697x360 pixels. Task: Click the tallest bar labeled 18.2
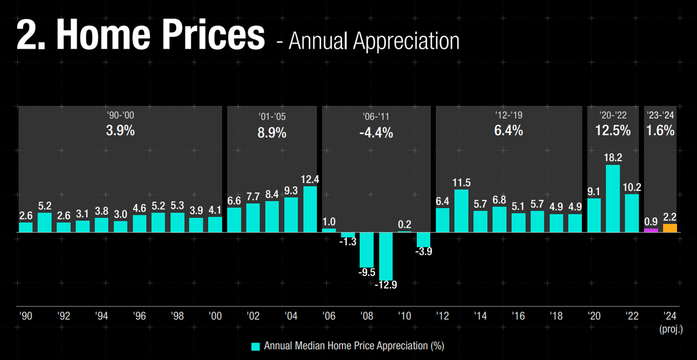[613, 198]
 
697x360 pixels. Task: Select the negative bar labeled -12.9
[386, 256]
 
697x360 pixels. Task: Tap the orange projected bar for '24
[670, 228]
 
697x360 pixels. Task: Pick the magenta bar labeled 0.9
[651, 230]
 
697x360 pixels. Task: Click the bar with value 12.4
[310, 209]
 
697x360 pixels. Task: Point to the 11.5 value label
[461, 183]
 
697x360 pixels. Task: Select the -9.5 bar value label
[367, 272]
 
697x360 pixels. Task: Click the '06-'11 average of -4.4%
[376, 133]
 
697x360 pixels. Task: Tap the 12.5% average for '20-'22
[613, 130]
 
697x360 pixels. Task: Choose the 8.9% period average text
[272, 133]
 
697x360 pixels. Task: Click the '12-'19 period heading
[509, 116]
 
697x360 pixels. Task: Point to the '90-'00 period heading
[120, 116]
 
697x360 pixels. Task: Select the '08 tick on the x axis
[367, 316]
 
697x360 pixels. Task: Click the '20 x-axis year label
[594, 316]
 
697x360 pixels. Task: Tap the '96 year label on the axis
[139, 316]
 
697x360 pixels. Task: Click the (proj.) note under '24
[671, 329]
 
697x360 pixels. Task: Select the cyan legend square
[256, 346]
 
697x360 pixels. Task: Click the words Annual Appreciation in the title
[374, 41]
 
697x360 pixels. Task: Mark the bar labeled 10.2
[632, 213]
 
